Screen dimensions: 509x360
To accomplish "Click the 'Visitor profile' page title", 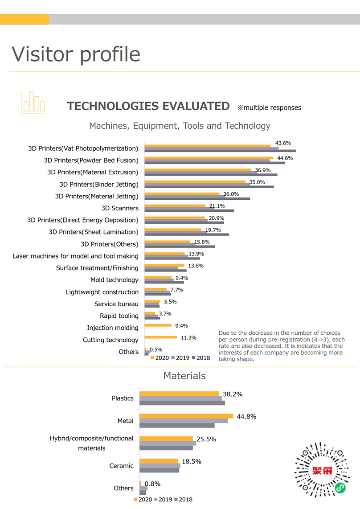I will (x=76, y=54).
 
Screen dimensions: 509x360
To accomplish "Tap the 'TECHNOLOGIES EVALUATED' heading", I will (x=148, y=107).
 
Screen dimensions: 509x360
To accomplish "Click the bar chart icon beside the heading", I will (x=33, y=102).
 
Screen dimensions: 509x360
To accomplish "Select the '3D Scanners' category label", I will (x=119, y=208).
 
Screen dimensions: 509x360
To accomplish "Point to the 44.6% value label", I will (x=285, y=158).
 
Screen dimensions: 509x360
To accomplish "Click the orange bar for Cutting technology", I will (x=161, y=337).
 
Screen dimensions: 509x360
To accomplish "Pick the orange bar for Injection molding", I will (x=158, y=325).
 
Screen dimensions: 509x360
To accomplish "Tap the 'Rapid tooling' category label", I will (x=119, y=316).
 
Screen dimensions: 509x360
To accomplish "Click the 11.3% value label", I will (x=188, y=337).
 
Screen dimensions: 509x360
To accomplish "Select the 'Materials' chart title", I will (x=184, y=376).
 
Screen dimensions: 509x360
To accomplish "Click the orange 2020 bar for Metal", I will (x=186, y=416).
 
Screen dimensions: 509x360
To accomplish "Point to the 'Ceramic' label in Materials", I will (x=121, y=466).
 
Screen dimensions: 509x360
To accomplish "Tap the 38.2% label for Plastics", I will (x=233, y=394).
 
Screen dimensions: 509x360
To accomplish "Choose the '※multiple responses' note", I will (x=269, y=107).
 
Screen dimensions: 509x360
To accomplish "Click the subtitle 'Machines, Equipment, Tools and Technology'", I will (x=180, y=126).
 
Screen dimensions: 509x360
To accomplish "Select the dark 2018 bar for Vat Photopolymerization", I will (x=220, y=151).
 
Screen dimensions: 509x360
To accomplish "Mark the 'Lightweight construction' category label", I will (x=102, y=292).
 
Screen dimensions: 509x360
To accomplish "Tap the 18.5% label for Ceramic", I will (x=191, y=461).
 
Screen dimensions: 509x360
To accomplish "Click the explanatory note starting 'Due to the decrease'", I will (x=281, y=346).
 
